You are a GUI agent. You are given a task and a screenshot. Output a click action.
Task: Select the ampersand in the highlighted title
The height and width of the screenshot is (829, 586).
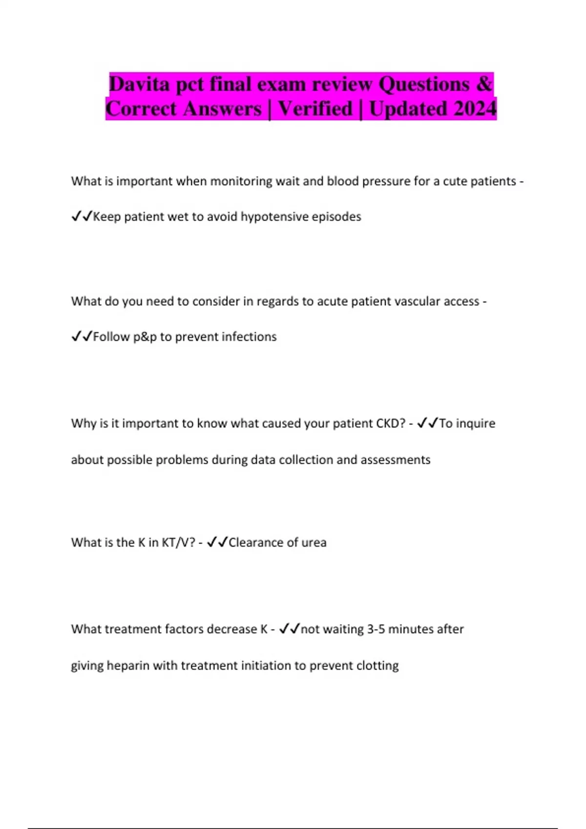pyautogui.click(x=483, y=84)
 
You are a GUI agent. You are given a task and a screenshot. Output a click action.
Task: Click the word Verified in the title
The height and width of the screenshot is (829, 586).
pyautogui.click(x=315, y=108)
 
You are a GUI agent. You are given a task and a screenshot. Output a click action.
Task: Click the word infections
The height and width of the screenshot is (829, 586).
pyautogui.click(x=249, y=337)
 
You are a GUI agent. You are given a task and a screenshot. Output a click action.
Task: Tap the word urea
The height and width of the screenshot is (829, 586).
pyautogui.click(x=314, y=542)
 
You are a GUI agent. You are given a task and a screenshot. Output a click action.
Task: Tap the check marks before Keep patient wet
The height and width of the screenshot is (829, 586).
pyautogui.click(x=82, y=217)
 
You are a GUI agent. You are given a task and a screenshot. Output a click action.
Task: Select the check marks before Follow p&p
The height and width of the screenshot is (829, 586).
pyautogui.click(x=82, y=337)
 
